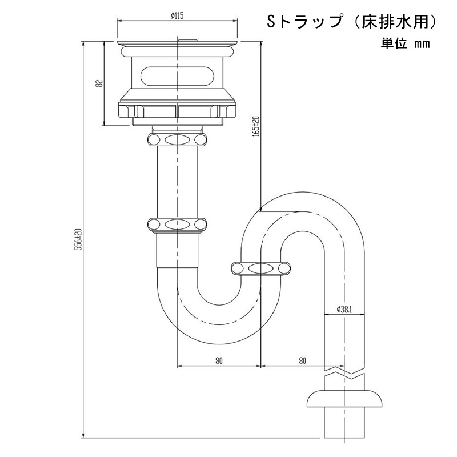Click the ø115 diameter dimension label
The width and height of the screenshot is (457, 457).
click(x=177, y=15)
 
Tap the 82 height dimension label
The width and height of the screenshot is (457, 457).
click(x=99, y=83)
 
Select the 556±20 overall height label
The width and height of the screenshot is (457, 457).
click(x=79, y=240)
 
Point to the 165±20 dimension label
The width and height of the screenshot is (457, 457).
click(x=255, y=126)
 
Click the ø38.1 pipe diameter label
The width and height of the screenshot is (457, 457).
click(x=344, y=310)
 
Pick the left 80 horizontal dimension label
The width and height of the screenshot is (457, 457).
click(x=219, y=361)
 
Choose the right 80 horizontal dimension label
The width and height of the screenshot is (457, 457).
click(x=303, y=361)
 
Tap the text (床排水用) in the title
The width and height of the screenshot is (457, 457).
click(x=395, y=23)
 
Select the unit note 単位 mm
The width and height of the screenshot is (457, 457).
click(x=406, y=44)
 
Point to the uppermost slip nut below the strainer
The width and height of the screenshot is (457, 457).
click(x=177, y=139)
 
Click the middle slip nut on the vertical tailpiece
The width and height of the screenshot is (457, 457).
click(x=177, y=225)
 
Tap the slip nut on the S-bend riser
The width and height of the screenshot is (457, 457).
click(x=261, y=268)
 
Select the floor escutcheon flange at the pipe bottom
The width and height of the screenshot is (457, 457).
click(x=344, y=398)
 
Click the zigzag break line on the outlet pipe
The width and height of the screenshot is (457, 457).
click(x=344, y=372)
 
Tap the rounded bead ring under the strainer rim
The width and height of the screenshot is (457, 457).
click(x=177, y=51)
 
